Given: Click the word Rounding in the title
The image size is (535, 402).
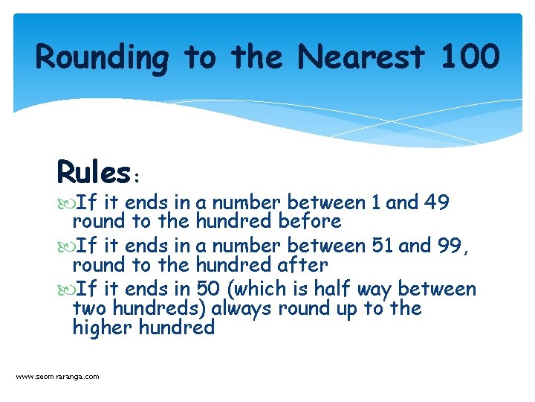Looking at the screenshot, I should (103, 57).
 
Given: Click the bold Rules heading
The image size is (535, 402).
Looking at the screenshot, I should (94, 173).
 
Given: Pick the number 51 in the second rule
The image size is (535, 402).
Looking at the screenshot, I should (382, 245).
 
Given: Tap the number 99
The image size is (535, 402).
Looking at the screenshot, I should (449, 245).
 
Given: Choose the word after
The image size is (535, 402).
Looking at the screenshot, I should (301, 264).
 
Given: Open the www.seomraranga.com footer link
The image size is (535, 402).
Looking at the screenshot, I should (57, 377).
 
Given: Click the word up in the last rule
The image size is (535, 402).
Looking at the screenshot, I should (346, 308).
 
